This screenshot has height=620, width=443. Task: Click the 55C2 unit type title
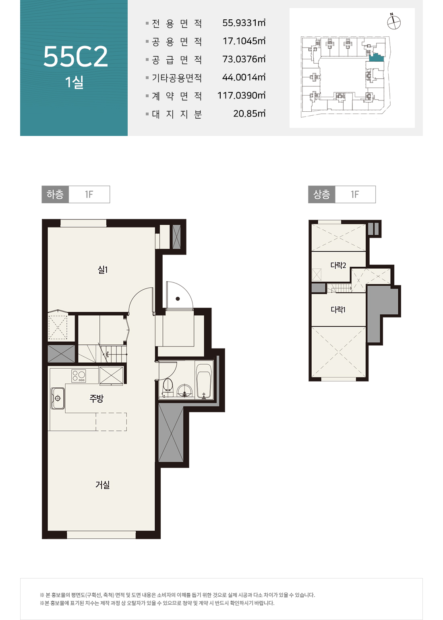coord(75,56)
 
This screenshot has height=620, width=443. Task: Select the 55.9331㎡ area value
coord(244,23)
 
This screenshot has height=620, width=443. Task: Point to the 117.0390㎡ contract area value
coord(241,95)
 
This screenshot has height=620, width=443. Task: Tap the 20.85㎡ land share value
coord(249,113)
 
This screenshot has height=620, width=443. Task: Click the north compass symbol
coord(393,22)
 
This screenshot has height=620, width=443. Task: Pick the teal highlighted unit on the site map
coord(377,58)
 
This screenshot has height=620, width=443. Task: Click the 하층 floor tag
coord(55,194)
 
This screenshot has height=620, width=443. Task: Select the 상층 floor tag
coord(322,194)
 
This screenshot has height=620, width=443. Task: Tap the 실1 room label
coord(103,269)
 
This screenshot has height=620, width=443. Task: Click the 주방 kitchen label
coord(96,398)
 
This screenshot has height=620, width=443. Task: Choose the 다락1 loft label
coord(338,309)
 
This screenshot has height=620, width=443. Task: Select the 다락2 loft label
coord(338,265)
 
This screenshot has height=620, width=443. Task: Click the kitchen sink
coord(58,398)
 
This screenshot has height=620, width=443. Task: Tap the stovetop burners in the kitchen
coord(79,376)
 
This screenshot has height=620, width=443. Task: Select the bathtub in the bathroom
coord(204,381)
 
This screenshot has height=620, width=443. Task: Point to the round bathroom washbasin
coord(184,390)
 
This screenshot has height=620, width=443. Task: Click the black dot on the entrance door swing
coord(178,299)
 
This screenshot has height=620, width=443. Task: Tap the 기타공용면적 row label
coord(177,77)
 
